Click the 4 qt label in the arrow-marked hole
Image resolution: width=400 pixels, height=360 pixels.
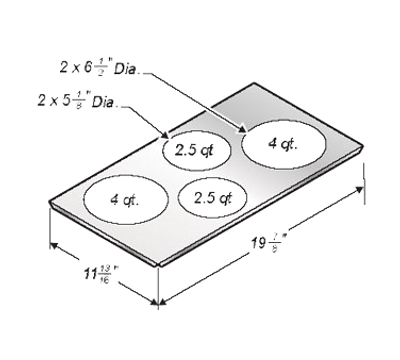coord(281,143)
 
